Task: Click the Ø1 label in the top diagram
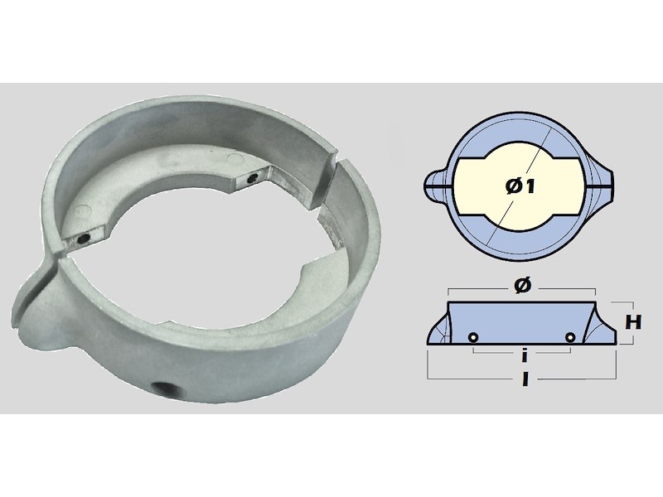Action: pyautogui.click(x=520, y=186)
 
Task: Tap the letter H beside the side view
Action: pyautogui.click(x=633, y=322)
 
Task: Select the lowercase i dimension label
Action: pyautogui.click(x=525, y=356)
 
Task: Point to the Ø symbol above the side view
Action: pyautogui.click(x=523, y=286)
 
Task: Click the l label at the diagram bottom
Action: pyautogui.click(x=525, y=379)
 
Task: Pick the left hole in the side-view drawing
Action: pyautogui.click(x=473, y=337)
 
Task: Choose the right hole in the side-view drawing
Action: pyautogui.click(x=570, y=337)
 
